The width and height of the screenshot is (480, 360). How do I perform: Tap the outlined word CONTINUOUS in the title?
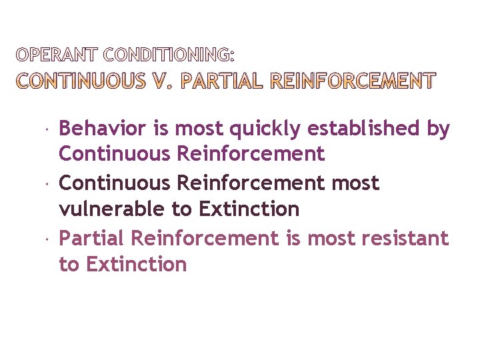(x=81, y=81)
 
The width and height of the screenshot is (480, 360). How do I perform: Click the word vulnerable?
(x=112, y=209)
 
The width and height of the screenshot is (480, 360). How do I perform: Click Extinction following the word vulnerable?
(x=249, y=209)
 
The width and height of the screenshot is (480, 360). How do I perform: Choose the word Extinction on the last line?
(x=136, y=265)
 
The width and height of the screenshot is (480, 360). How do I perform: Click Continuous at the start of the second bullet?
(x=115, y=183)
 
